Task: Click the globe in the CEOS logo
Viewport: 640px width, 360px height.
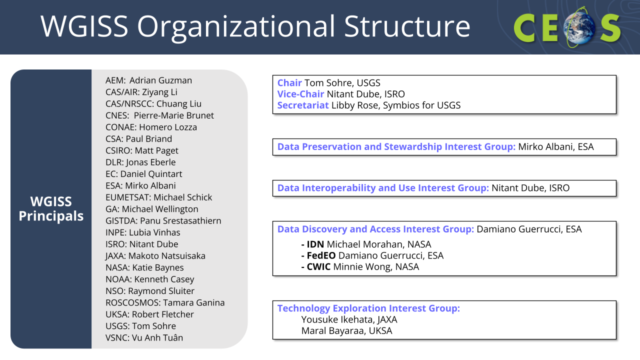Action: (x=579, y=27)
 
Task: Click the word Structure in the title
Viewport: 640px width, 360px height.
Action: (x=407, y=26)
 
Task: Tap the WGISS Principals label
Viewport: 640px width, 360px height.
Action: (x=51, y=208)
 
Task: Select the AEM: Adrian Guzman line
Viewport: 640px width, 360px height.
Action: (x=148, y=80)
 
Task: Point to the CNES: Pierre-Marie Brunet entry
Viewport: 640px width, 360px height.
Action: (x=159, y=115)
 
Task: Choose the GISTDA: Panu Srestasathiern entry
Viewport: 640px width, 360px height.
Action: (x=163, y=221)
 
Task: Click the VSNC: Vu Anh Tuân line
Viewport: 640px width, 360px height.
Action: (x=144, y=337)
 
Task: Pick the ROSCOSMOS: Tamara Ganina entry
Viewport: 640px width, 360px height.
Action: (x=165, y=302)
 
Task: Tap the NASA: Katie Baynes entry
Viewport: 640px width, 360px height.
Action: (x=144, y=267)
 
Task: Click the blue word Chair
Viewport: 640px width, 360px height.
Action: (x=289, y=83)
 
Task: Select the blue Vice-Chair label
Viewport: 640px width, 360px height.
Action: (x=300, y=94)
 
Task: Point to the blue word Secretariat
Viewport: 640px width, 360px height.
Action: (x=303, y=105)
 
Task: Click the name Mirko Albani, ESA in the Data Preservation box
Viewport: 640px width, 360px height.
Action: (x=555, y=147)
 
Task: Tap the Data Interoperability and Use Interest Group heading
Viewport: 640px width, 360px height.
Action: (x=383, y=188)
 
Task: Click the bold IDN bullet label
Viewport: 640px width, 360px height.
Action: (x=315, y=244)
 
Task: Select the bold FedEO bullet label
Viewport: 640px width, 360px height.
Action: (x=321, y=255)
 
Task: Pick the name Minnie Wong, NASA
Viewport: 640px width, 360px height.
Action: (x=376, y=267)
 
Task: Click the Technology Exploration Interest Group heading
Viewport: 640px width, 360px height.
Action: (x=368, y=308)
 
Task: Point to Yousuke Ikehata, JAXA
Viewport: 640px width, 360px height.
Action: (x=349, y=319)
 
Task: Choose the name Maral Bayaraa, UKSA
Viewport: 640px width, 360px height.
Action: (x=346, y=331)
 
